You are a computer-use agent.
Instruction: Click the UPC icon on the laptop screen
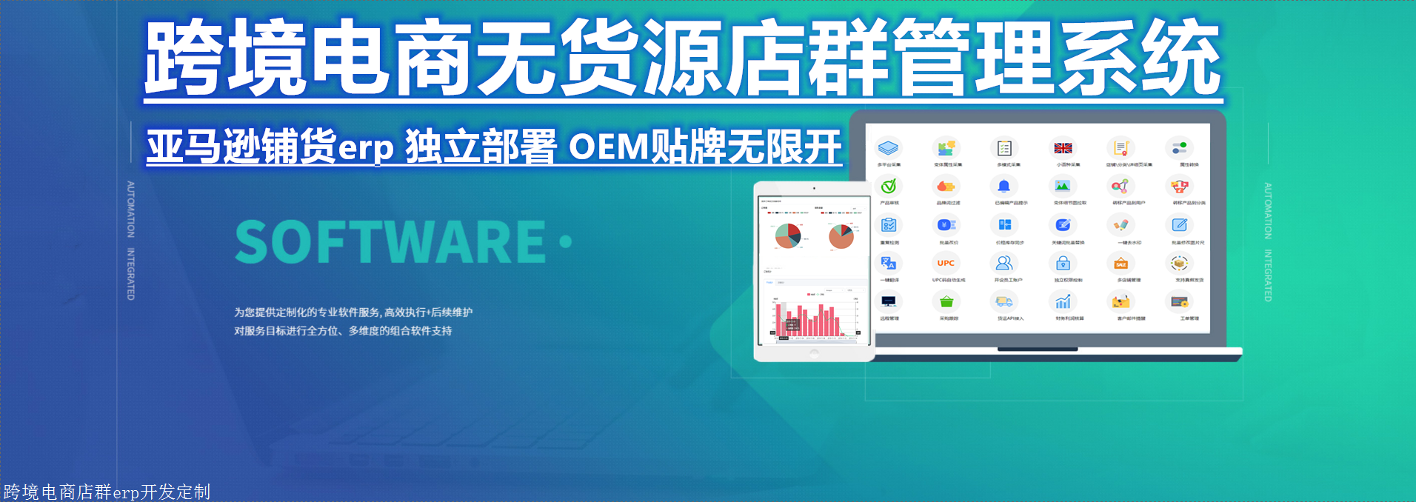tap(946, 263)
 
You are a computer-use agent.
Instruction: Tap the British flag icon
tap(1063, 148)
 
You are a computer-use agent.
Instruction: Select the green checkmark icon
tap(889, 186)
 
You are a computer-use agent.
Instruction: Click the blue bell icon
tap(1003, 186)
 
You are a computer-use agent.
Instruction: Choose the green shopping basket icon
tap(946, 301)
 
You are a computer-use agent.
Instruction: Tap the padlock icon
tap(1063, 263)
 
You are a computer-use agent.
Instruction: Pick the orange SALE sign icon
tap(1121, 263)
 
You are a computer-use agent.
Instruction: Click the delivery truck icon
tap(1003, 301)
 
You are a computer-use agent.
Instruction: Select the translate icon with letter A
tap(888, 263)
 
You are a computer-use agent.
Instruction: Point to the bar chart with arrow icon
tap(1063, 301)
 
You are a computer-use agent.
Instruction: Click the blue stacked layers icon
tap(888, 147)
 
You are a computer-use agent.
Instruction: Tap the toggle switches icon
tap(1179, 147)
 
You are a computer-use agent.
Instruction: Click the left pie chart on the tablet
tap(788, 236)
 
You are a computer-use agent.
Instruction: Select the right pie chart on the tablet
tap(841, 236)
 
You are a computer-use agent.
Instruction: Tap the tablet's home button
tap(814, 354)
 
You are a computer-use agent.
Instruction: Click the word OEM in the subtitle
tap(608, 147)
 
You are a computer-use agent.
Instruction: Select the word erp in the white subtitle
tap(366, 148)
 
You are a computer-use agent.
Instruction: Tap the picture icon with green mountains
tap(1062, 186)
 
